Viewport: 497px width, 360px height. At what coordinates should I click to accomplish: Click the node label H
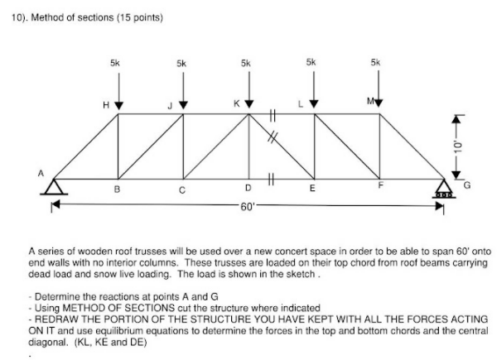tap(106, 105)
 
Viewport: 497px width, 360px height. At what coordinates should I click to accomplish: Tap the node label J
tap(169, 105)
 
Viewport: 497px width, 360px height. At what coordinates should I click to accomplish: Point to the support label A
tap(39, 172)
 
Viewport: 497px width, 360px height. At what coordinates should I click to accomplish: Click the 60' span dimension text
tap(247, 207)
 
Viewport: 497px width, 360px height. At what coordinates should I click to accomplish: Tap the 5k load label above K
tap(246, 62)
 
